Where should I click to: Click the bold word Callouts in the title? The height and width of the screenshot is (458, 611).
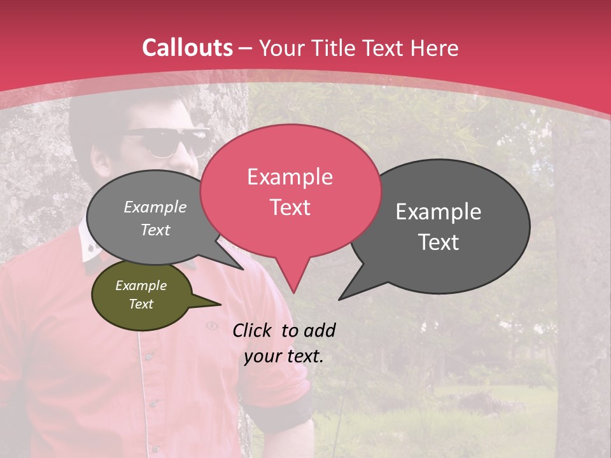pyautogui.click(x=187, y=48)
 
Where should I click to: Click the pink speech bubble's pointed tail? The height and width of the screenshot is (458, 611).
pyautogui.click(x=293, y=280)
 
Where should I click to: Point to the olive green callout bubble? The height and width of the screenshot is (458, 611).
pyautogui.click(x=141, y=295)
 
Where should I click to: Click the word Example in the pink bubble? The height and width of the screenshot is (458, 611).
pyautogui.click(x=290, y=177)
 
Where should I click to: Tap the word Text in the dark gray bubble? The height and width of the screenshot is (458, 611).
pyautogui.click(x=439, y=242)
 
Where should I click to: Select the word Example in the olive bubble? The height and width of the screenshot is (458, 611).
pyautogui.click(x=141, y=286)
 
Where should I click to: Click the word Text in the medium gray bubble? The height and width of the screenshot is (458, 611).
pyautogui.click(x=155, y=230)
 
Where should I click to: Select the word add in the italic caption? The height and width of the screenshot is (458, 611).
pyautogui.click(x=319, y=330)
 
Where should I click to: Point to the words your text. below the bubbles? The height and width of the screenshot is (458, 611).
pyautogui.click(x=284, y=356)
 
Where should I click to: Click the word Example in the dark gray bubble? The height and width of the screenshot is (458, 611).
pyautogui.click(x=439, y=212)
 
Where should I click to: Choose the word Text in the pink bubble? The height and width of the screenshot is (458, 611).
pyautogui.click(x=290, y=207)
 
